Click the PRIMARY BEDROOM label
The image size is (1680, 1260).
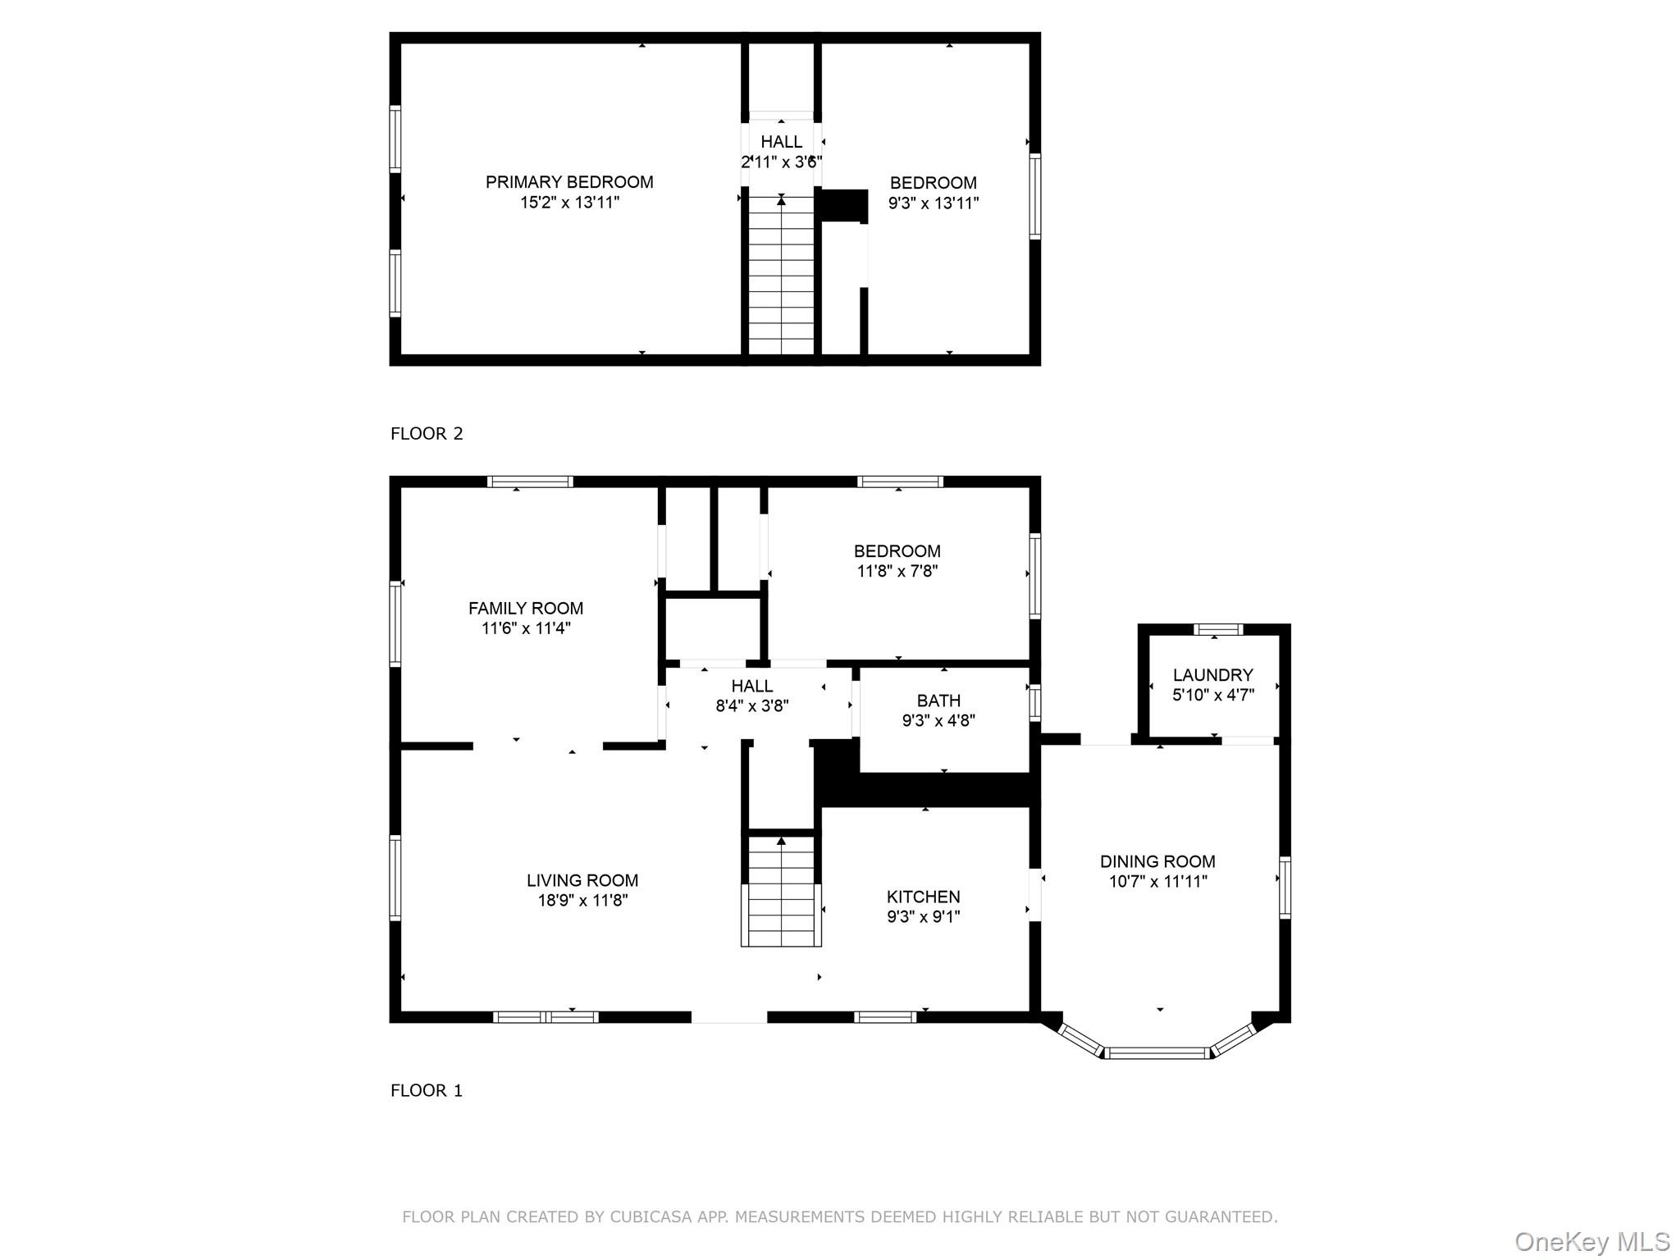569,182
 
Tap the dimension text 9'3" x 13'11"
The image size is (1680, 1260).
934,203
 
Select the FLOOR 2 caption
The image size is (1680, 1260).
427,434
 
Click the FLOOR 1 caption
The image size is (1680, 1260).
427,1090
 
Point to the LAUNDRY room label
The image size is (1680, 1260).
1212,675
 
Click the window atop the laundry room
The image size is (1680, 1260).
1217,630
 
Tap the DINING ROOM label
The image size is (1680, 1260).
1157,861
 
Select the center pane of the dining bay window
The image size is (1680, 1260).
1157,1052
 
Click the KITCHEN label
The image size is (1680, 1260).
923,897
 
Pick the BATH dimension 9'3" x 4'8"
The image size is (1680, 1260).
938,720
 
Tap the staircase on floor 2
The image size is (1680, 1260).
781,275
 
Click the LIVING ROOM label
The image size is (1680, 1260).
582,880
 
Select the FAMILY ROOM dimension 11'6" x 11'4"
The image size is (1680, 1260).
526,628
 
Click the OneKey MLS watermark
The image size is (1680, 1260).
1592,1241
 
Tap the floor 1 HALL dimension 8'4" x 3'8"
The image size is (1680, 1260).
752,705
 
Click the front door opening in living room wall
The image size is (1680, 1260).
729,1017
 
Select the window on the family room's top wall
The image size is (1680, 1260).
530,482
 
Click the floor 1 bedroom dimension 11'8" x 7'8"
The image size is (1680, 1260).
897,571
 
